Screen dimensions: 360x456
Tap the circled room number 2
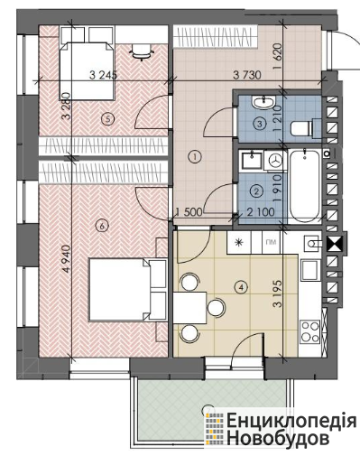point(256,191)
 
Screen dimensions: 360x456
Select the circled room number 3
point(260,123)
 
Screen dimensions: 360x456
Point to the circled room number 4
point(241,287)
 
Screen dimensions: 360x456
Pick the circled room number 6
point(102,226)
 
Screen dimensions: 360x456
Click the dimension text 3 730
point(247,75)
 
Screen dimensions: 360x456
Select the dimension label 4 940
point(67,259)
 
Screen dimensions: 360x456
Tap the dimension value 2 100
point(261,212)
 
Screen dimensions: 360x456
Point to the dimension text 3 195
point(278,293)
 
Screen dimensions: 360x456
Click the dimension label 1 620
point(278,56)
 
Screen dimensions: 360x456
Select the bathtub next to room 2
point(305,186)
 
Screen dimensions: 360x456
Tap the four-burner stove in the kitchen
point(310,331)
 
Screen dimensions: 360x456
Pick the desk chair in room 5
point(141,52)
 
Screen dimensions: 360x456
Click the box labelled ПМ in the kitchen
point(271,242)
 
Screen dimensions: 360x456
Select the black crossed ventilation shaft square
point(335,244)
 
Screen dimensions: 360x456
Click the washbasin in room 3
point(264,102)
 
